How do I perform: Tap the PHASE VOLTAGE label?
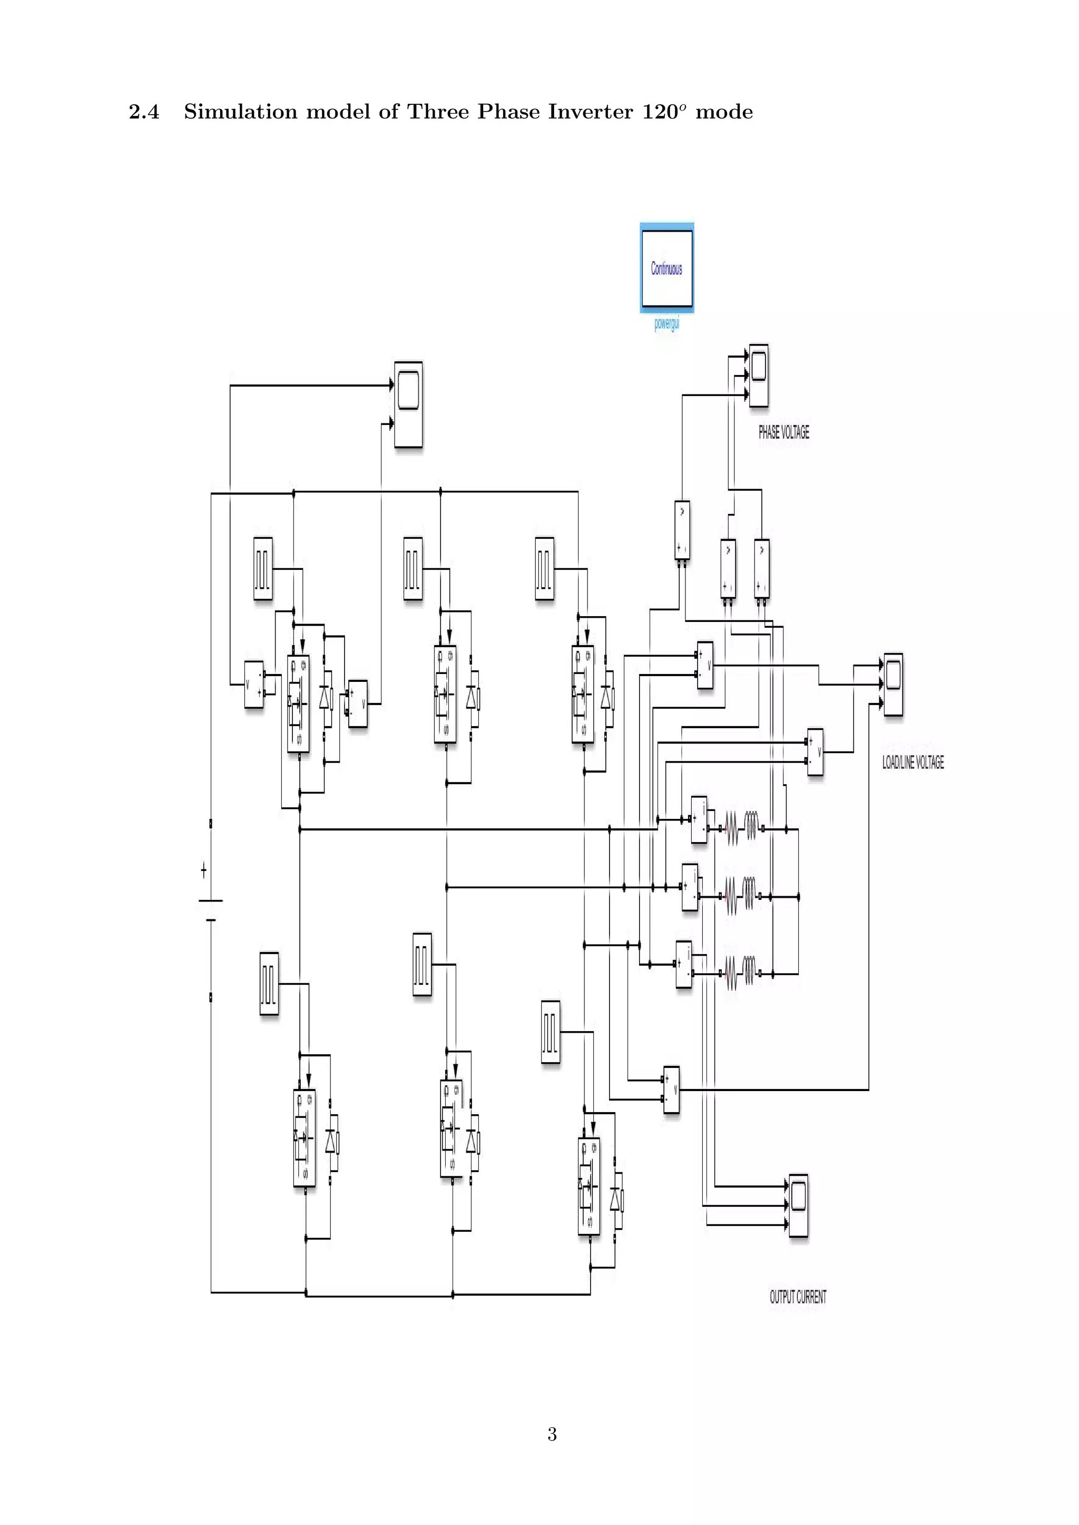(784, 432)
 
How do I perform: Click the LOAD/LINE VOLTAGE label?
(913, 762)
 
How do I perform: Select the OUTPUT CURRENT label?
(798, 1297)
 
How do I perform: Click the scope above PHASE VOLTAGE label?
(759, 375)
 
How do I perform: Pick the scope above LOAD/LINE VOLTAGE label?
(893, 684)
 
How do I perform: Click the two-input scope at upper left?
(408, 404)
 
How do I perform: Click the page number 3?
(552, 1434)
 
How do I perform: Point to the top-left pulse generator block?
(263, 569)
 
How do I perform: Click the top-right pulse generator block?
(544, 569)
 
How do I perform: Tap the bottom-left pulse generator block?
(269, 984)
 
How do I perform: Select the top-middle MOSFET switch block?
(445, 694)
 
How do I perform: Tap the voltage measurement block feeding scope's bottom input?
(672, 1090)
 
